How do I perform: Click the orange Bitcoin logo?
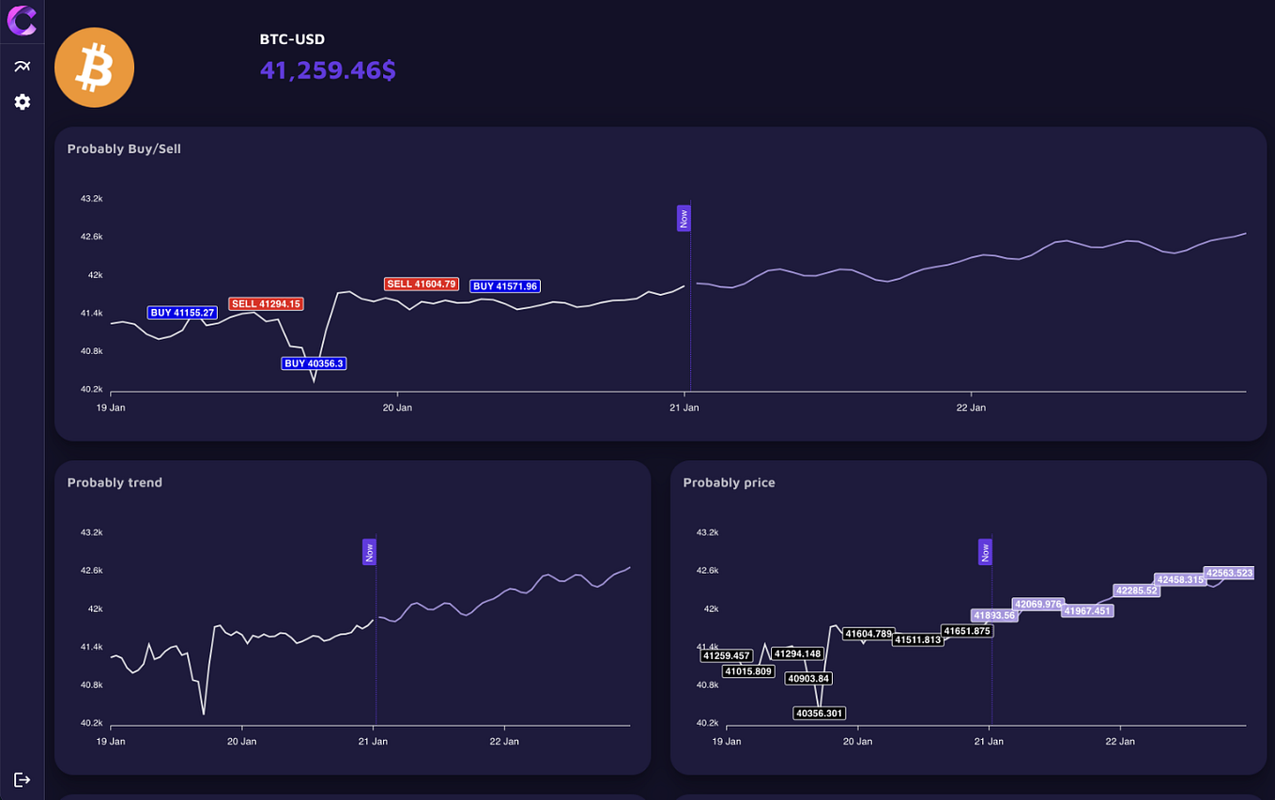94,68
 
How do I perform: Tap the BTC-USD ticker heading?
292,39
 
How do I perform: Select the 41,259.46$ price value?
328,70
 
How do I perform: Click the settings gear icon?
23,102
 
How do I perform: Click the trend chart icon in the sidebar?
23,67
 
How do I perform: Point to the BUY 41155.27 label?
182,313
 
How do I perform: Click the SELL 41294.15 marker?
266,304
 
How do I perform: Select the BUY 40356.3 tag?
314,363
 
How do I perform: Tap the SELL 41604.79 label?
422,284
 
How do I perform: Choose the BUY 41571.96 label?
505,285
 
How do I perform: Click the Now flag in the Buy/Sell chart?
684,218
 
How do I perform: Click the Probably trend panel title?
115,483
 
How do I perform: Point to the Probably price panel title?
730,483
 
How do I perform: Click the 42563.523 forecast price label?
1229,573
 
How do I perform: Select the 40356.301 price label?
819,713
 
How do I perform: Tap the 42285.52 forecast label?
1137,591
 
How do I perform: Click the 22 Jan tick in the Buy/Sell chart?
971,408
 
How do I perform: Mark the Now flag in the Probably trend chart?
369,552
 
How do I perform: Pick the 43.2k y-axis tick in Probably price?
708,532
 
